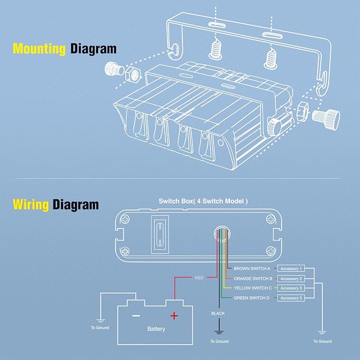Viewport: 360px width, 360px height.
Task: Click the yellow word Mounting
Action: coord(39,49)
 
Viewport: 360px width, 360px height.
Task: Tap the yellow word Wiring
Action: coord(31,205)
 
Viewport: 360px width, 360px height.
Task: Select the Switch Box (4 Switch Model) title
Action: coord(203,201)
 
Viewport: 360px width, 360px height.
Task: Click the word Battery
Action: coord(156,329)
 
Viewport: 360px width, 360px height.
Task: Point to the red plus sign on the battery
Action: coord(174,316)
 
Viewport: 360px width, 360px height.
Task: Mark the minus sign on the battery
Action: coord(136,316)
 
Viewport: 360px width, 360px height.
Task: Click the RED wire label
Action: coord(199,278)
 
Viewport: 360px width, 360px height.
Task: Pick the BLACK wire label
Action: coord(218,313)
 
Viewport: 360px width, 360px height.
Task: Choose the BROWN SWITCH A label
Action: coord(252,268)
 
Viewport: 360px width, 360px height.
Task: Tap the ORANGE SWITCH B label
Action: coord(253,278)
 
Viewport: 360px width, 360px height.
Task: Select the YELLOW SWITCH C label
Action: coord(252,288)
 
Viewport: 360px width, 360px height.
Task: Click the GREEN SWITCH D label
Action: coord(251,298)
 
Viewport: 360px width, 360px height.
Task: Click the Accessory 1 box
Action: coord(291,268)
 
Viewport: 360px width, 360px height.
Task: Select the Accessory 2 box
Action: coord(291,278)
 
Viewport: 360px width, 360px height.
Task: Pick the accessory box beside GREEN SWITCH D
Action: coord(291,298)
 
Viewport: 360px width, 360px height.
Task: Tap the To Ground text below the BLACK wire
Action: coord(219,341)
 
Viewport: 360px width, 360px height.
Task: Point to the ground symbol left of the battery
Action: coord(100,321)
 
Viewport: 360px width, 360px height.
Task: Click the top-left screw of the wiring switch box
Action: coord(125,219)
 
